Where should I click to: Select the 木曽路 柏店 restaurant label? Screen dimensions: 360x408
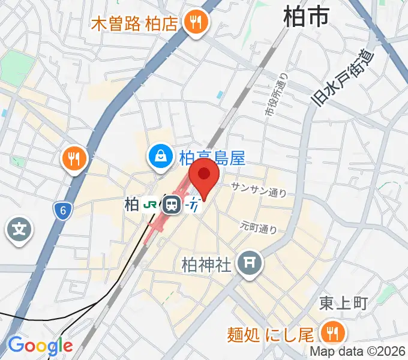[x=134, y=24]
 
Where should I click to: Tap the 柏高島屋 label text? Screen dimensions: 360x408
[x=212, y=158]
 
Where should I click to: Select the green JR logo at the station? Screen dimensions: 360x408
[x=151, y=205]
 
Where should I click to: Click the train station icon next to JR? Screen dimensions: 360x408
[x=172, y=205]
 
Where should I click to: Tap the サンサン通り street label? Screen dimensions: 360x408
[x=259, y=190]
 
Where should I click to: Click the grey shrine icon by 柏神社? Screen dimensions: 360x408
[x=250, y=263]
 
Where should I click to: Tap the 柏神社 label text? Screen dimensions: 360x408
[x=206, y=264]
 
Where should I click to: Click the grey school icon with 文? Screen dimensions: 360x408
[x=19, y=229]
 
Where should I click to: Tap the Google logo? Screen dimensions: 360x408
[x=40, y=346]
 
